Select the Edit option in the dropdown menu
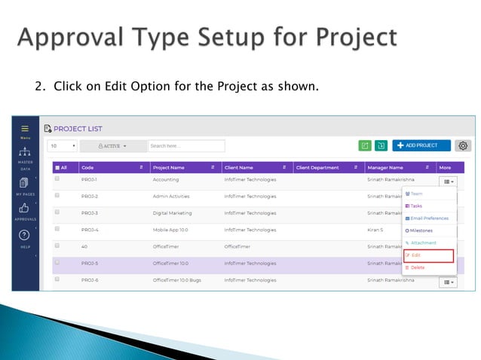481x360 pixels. [x=427, y=256]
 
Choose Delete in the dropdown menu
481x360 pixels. [x=418, y=267]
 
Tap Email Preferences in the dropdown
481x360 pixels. [x=427, y=218]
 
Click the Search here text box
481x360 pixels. [x=176, y=145]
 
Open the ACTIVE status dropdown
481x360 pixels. [x=113, y=145]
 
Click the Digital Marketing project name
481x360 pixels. [x=172, y=212]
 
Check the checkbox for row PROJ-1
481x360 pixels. [x=57, y=179]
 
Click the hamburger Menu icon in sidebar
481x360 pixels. [x=25, y=130]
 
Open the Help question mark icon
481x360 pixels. [x=25, y=235]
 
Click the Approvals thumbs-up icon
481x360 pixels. [x=25, y=208]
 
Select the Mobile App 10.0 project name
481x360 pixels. [x=170, y=229]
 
